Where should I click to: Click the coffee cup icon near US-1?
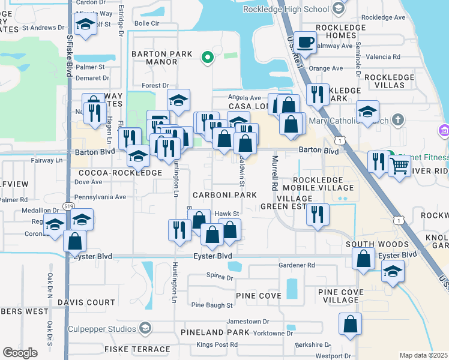pos(306,43)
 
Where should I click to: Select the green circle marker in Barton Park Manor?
pos(207,58)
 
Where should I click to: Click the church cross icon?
pos(397,119)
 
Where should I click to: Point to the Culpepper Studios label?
pos(106,328)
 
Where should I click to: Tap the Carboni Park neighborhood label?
pos(224,195)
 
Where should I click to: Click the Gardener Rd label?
pos(297,265)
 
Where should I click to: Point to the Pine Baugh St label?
pos(211,305)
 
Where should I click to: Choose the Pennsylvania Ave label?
pos(100,197)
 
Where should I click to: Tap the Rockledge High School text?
pos(295,9)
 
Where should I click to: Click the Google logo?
pos(20,353)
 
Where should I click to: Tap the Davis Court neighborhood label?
pos(86,302)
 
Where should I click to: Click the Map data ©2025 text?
pos(423,355)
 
